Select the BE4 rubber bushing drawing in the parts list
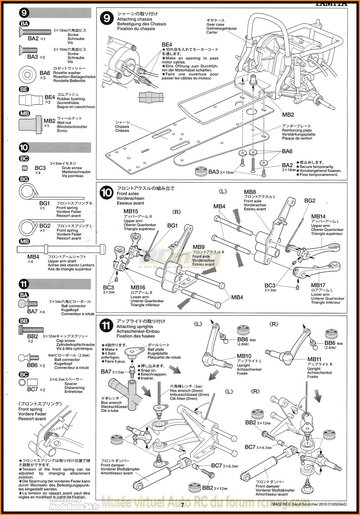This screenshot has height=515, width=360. (x=31, y=100)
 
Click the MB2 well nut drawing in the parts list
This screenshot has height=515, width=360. (x=30, y=123)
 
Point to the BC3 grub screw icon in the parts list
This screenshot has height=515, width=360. (x=25, y=168)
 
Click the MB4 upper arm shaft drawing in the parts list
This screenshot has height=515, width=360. (x=61, y=249)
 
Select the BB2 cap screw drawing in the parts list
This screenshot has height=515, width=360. (x=31, y=330)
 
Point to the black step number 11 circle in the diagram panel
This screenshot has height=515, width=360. (x=106, y=325)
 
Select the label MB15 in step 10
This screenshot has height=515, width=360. (x=131, y=211)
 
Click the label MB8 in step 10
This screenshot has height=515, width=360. (x=250, y=192)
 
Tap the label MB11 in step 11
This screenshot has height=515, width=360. (x=314, y=359)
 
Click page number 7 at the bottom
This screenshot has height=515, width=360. (x=182, y=505)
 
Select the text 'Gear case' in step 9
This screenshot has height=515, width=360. (x=215, y=25)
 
